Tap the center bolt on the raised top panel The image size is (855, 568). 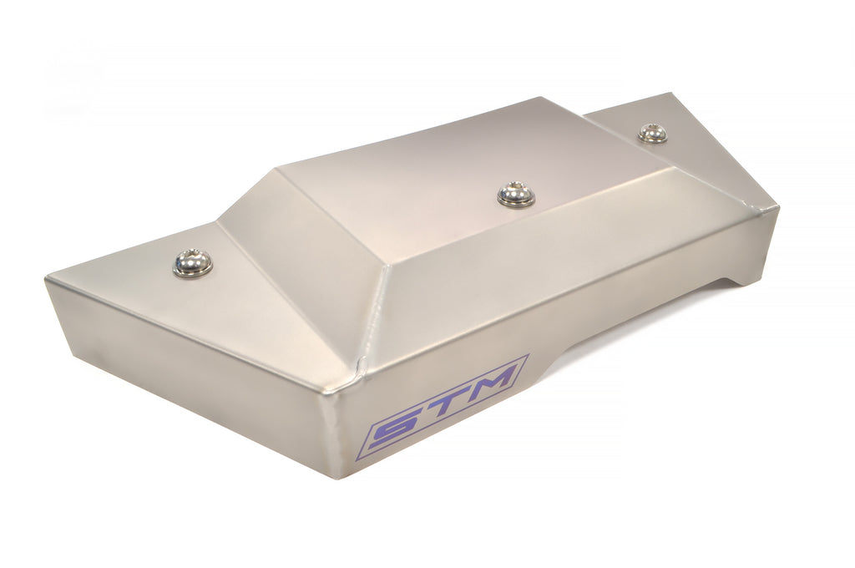[x=515, y=194]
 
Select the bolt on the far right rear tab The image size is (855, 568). [x=653, y=133]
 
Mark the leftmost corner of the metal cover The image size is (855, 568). [x=46, y=279]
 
